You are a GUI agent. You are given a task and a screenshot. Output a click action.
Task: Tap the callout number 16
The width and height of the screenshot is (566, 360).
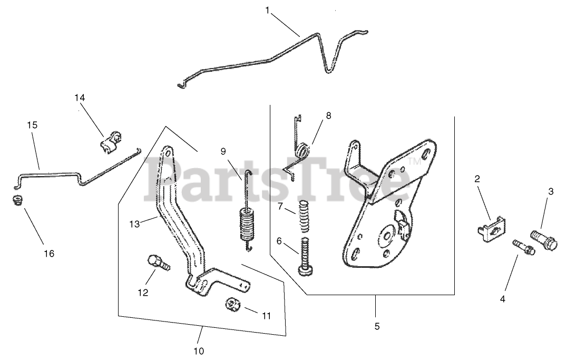48,254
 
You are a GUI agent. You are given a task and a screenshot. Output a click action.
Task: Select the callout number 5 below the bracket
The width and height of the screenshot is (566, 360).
377,326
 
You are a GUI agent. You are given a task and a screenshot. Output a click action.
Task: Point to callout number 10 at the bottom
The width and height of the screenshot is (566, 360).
199,351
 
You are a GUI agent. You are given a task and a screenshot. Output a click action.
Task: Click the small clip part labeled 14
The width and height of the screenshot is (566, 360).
110,142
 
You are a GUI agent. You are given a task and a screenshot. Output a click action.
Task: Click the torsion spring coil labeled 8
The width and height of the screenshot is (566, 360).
302,151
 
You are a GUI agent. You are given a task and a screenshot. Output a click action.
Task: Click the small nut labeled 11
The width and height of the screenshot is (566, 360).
233,304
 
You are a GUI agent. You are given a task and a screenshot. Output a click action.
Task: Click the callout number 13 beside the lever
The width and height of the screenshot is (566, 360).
135,224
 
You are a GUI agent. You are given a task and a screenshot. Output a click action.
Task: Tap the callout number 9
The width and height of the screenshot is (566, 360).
223,151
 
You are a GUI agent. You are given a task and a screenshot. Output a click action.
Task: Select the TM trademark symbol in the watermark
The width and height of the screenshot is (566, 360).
415,162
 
